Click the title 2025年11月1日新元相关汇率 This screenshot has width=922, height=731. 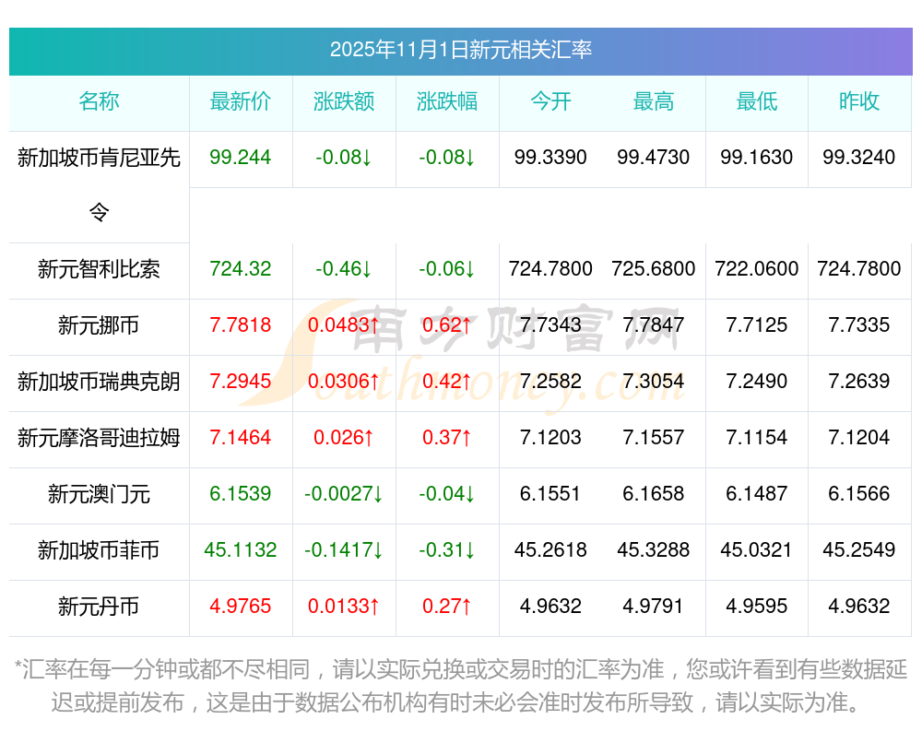[x=460, y=50]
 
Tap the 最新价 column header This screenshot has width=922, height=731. [x=241, y=102]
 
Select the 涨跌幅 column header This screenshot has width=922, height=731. [x=447, y=102]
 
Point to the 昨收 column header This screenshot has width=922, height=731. [x=859, y=102]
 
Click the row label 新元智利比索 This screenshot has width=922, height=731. [x=99, y=269]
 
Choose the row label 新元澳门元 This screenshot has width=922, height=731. [x=99, y=494]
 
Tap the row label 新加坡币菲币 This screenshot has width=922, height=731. [x=99, y=550]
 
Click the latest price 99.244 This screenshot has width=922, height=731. [x=241, y=158]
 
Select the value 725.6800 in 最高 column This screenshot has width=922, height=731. [x=654, y=269]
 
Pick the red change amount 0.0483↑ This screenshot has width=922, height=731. [x=344, y=325]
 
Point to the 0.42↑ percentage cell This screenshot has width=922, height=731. [x=447, y=382]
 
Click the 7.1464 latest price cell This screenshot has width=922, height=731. [x=241, y=438]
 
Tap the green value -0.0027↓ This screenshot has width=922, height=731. [x=344, y=494]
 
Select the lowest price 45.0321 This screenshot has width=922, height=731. [x=757, y=550]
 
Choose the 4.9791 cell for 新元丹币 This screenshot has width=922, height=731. [x=654, y=607]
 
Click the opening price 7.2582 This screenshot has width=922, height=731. [x=550, y=382]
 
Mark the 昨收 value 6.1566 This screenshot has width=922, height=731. [x=859, y=494]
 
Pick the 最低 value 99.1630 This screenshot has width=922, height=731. [x=757, y=158]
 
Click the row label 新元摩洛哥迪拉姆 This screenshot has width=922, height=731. [x=99, y=438]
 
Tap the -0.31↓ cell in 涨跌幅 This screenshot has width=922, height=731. [x=447, y=550]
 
